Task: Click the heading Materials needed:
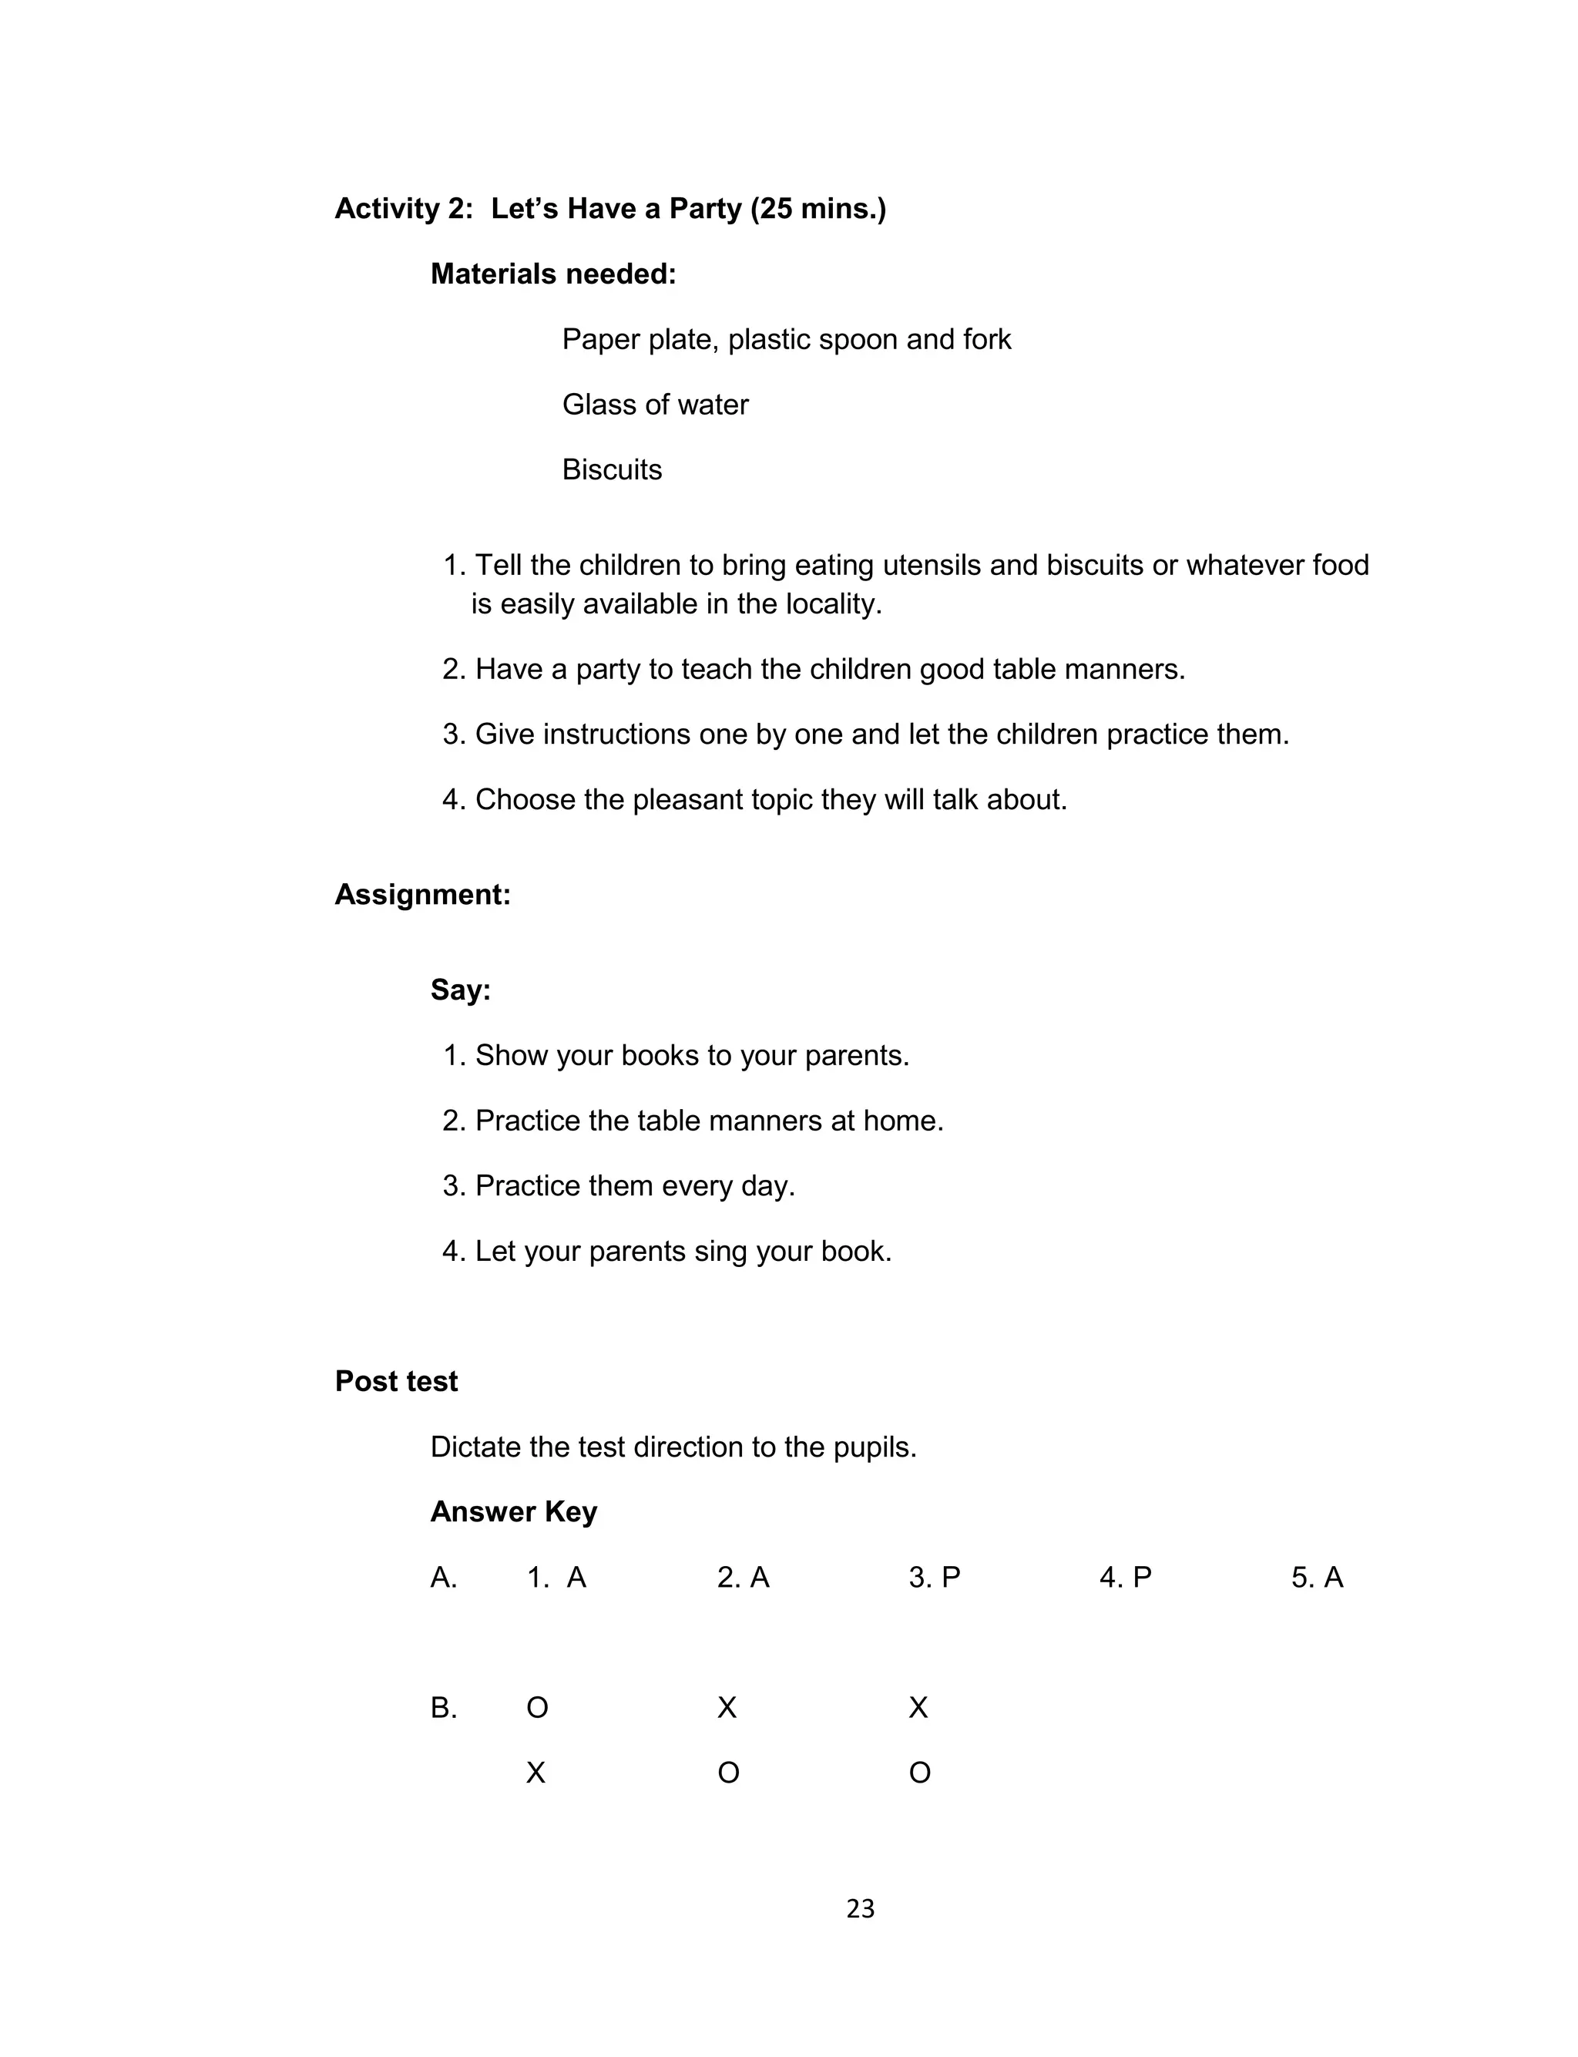[553, 274]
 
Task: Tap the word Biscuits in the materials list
[612, 469]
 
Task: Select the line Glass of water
[655, 405]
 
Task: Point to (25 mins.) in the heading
[818, 209]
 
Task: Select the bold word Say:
[460, 990]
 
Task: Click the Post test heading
[396, 1382]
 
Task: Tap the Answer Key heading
[514, 1512]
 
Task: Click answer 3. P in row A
[934, 1578]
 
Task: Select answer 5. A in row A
[1317, 1578]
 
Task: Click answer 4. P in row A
[1125, 1578]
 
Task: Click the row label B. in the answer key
[443, 1708]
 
